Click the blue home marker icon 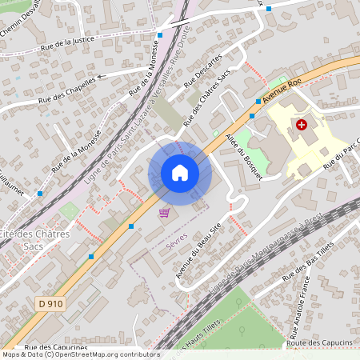coord(179,173)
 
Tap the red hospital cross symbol coord(301,125)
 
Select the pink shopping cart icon coord(164,212)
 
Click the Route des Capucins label coord(325,342)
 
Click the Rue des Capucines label coord(55,348)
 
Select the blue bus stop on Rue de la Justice coord(160,34)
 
